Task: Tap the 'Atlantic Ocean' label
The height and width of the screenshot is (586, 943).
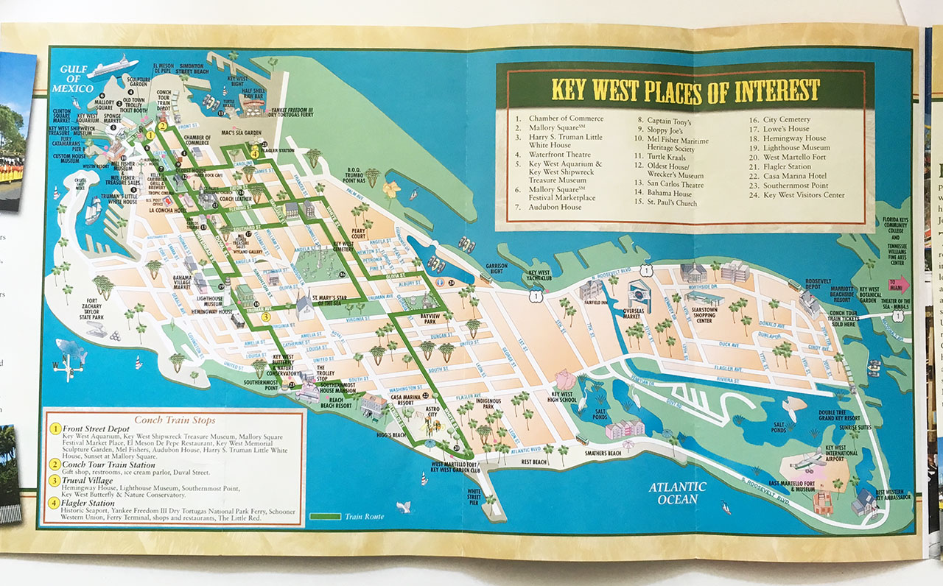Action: (678, 493)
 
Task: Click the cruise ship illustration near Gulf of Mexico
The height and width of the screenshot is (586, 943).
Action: (112, 66)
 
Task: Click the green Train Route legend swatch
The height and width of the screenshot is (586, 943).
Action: (324, 516)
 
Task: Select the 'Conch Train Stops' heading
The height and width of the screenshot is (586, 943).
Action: (175, 420)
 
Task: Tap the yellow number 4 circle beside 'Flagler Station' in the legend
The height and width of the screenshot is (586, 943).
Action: (55, 504)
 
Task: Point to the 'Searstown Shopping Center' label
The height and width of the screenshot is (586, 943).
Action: (707, 317)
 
